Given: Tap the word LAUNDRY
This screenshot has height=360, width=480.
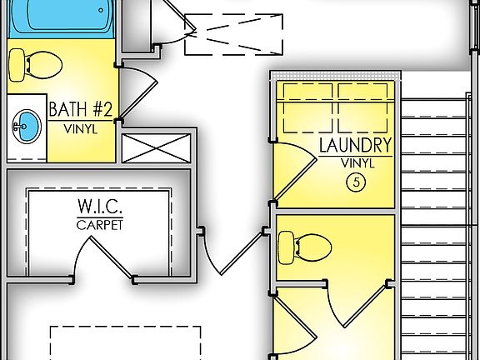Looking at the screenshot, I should click(x=356, y=146).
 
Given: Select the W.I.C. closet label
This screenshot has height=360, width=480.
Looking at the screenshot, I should click(x=101, y=207).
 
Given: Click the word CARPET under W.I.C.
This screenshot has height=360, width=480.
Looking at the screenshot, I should click(x=101, y=225).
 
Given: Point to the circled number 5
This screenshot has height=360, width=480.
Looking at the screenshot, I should click(x=356, y=183).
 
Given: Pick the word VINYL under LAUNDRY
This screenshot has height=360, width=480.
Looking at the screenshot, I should click(x=356, y=163).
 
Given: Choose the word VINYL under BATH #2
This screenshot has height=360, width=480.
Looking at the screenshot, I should click(x=79, y=129).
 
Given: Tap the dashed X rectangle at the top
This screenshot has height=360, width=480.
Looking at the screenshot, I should click(x=234, y=34).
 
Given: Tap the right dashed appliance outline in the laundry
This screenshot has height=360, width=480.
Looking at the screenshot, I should click(x=364, y=107).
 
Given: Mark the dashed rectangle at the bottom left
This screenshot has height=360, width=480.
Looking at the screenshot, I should click(x=125, y=342).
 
